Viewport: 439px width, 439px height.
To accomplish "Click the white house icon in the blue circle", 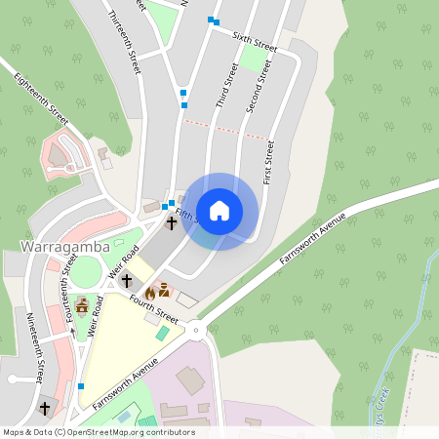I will coord(219,211).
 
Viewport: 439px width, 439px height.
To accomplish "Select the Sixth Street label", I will coord(255,40).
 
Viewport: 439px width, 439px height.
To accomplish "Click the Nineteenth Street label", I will coord(36,346).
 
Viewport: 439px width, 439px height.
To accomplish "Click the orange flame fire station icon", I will coord(150,292).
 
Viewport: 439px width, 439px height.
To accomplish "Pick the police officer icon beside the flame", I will coord(164,290).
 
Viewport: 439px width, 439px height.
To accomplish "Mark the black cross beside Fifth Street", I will coord(172,223).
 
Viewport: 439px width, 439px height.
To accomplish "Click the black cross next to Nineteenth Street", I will coord(45,408).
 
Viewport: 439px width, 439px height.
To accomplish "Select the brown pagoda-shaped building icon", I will coord(82,306).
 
